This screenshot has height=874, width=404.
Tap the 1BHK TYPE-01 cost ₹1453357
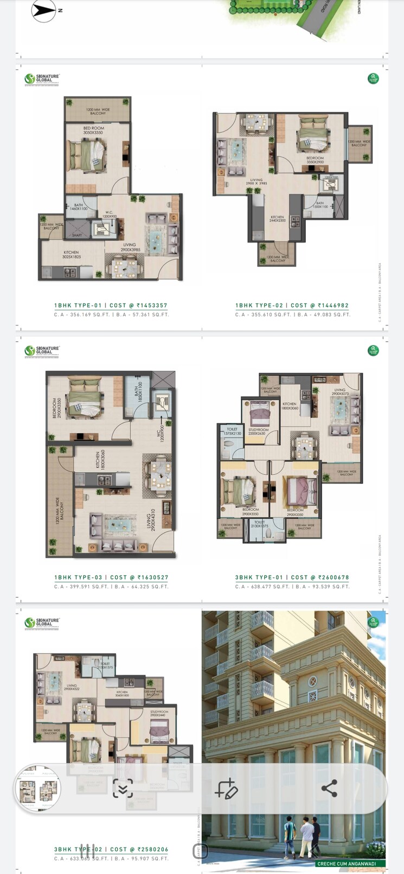pyautogui.click(x=111, y=305)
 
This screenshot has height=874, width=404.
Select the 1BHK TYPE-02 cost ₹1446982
pyautogui.click(x=292, y=305)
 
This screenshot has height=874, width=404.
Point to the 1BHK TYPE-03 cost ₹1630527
pyautogui.click(x=111, y=577)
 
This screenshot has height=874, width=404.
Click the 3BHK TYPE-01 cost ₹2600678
pyautogui.click(x=292, y=577)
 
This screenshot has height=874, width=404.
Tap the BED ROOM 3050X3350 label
pyautogui.click(x=93, y=131)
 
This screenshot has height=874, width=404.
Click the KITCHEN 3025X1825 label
pyautogui.click(x=71, y=255)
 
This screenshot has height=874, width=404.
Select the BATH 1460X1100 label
pyautogui.click(x=79, y=207)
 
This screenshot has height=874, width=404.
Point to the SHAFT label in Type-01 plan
pyautogui.click(x=77, y=235)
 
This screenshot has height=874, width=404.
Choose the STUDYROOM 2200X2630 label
pyautogui.click(x=257, y=431)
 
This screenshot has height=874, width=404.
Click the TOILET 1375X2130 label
pyautogui.click(x=232, y=431)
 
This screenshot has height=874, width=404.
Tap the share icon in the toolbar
pyautogui.click(x=329, y=788)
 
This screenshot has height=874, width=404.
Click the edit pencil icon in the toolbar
pyautogui.click(x=226, y=789)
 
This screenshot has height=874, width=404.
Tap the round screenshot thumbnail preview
pyautogui.click(x=37, y=788)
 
